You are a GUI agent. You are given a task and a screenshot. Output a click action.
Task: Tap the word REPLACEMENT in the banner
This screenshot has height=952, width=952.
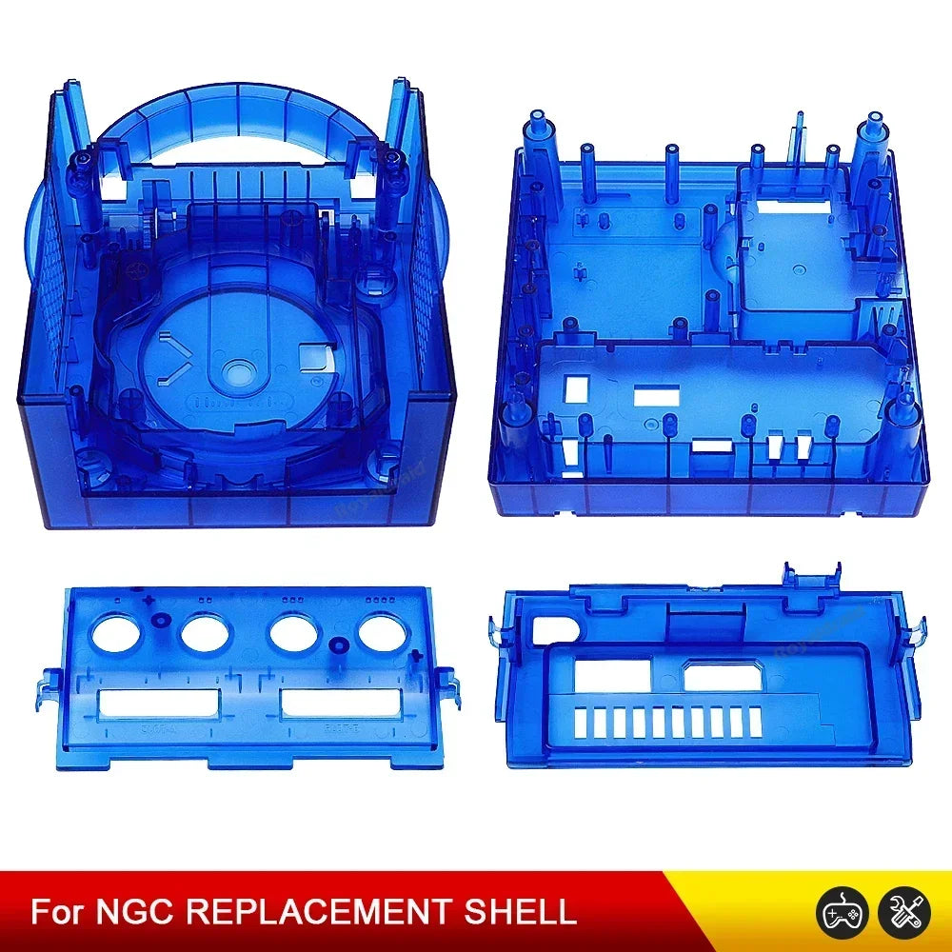pyautogui.click(x=315, y=912)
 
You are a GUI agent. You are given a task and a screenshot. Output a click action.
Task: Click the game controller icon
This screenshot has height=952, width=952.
pyautogui.click(x=836, y=909)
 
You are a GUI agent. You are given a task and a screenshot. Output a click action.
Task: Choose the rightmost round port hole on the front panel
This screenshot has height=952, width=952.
pyautogui.click(x=381, y=631)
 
